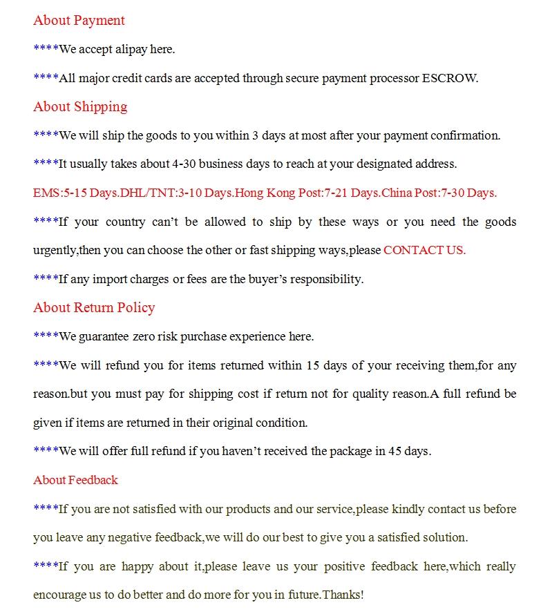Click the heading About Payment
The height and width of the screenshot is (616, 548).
click(79, 21)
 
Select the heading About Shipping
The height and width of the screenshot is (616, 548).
click(80, 106)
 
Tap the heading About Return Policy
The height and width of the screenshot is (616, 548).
click(94, 308)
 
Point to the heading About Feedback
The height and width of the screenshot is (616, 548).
click(75, 480)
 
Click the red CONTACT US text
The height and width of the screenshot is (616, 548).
click(424, 250)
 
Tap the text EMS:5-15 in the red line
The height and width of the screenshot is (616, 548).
click(58, 193)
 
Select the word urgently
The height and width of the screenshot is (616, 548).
click(55, 250)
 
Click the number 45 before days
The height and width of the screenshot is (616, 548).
click(396, 451)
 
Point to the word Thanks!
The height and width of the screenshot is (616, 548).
click(343, 595)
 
